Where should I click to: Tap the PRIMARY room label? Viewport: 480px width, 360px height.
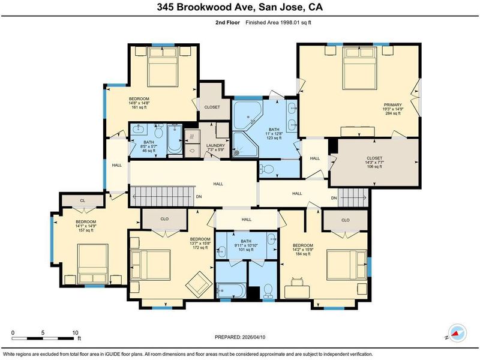coord(393,104)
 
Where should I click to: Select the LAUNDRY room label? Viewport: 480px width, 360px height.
coord(215,145)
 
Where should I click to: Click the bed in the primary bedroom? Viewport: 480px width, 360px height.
coord(359,68)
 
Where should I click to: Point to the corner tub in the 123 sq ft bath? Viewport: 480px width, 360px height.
coord(247,115)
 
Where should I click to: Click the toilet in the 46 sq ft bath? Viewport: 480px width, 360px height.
coord(158,131)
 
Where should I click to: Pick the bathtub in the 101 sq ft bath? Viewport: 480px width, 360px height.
coord(231,290)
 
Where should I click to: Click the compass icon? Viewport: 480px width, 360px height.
coord(457,333)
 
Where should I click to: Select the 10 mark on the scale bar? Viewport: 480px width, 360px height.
coord(76,333)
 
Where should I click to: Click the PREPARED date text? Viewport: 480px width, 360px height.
coord(240,337)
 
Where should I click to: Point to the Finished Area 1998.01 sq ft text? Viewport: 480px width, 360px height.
coord(278,22)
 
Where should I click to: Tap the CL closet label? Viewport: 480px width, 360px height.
coord(82,200)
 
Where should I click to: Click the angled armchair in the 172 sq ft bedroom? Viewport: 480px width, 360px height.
coord(199,284)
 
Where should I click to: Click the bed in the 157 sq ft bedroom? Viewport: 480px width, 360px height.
coord(93,264)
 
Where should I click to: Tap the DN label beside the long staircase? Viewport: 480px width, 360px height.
coord(199,197)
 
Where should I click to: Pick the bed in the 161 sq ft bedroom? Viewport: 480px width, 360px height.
coord(163,67)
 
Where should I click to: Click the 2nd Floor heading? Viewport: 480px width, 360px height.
coord(228,22)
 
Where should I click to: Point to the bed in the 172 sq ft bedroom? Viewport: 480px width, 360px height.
coord(151,265)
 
